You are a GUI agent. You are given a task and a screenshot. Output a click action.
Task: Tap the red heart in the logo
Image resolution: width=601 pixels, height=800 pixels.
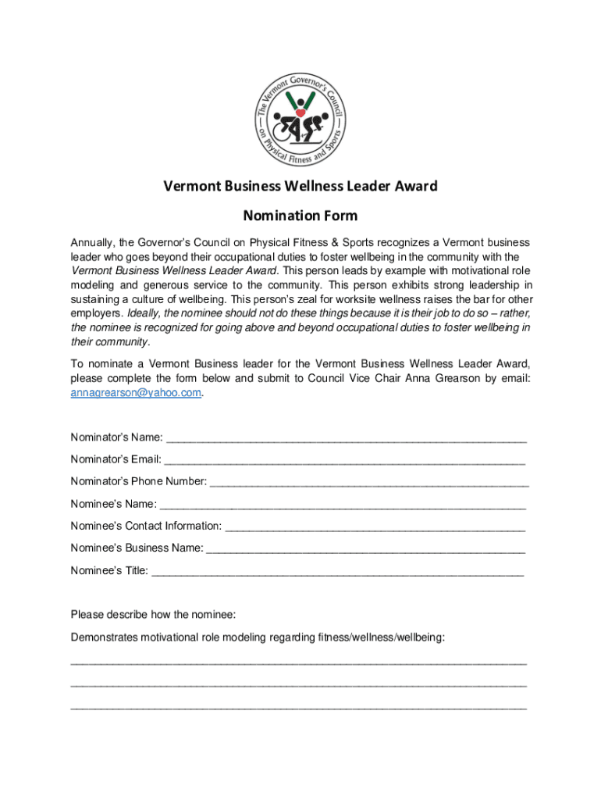point(300,112)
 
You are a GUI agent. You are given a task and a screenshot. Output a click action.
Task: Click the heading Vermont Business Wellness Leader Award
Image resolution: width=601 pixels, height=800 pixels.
point(300,186)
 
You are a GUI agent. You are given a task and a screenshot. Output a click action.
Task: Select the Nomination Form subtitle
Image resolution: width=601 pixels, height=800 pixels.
point(300,215)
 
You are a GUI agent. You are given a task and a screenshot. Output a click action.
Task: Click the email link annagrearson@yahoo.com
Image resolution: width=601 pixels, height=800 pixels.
point(136,393)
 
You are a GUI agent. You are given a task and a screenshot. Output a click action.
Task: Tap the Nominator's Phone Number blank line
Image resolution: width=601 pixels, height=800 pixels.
point(369,481)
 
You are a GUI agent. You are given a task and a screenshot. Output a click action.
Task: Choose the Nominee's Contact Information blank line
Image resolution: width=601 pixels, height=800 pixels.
point(375,527)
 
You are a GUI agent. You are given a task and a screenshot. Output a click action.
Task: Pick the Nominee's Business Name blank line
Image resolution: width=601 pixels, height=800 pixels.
point(366,548)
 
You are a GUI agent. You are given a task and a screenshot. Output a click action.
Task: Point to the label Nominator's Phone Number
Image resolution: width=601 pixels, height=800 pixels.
point(138,481)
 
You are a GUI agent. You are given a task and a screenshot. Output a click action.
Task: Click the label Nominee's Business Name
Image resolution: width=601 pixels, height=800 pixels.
point(137,548)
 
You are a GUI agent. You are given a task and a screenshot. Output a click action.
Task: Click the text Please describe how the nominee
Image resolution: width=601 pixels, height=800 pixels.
point(153,615)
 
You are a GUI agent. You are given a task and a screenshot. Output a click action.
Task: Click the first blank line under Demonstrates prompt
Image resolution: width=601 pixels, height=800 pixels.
point(298,662)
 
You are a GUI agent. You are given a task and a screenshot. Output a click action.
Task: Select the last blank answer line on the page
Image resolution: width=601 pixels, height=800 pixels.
point(298,708)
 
